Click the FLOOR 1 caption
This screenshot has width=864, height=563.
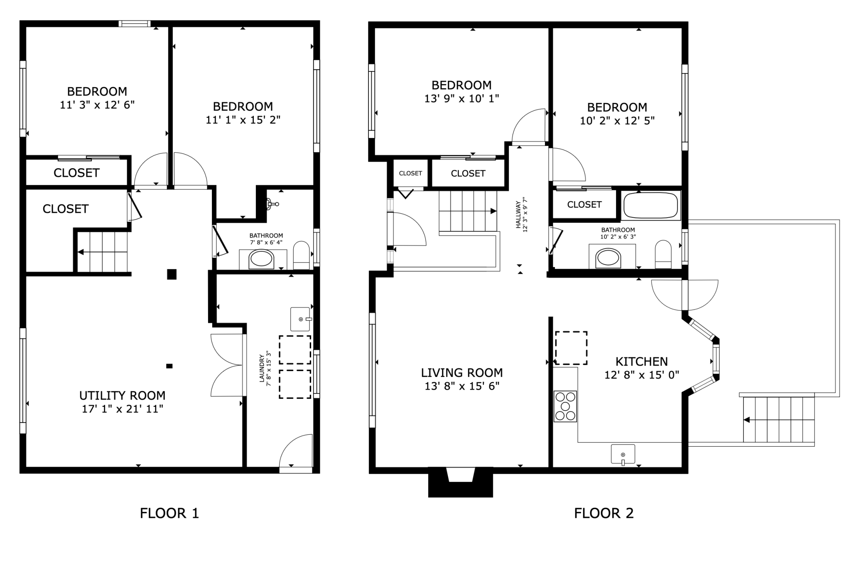[x=169, y=514]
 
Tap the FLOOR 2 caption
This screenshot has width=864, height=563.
[x=604, y=514]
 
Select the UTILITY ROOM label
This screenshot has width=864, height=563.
[x=123, y=396]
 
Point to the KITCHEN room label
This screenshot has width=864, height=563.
[x=642, y=361]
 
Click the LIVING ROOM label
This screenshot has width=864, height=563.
[x=462, y=373]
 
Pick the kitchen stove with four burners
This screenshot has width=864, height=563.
[x=565, y=406]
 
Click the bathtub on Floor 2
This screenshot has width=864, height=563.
[x=650, y=205]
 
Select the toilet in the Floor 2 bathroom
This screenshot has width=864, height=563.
[x=663, y=254]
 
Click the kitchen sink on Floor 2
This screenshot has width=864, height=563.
[x=623, y=454]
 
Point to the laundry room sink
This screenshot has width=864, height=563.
[x=301, y=319]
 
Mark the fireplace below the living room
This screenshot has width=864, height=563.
[x=461, y=482]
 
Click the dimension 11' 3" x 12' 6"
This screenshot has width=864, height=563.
[x=97, y=105]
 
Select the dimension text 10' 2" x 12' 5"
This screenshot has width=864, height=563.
[x=617, y=120]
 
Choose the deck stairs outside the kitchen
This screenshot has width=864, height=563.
[x=779, y=420]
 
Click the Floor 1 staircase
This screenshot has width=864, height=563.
[x=103, y=252]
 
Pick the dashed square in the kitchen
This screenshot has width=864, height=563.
[x=571, y=348]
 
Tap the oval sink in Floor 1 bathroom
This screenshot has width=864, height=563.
[x=261, y=260]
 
